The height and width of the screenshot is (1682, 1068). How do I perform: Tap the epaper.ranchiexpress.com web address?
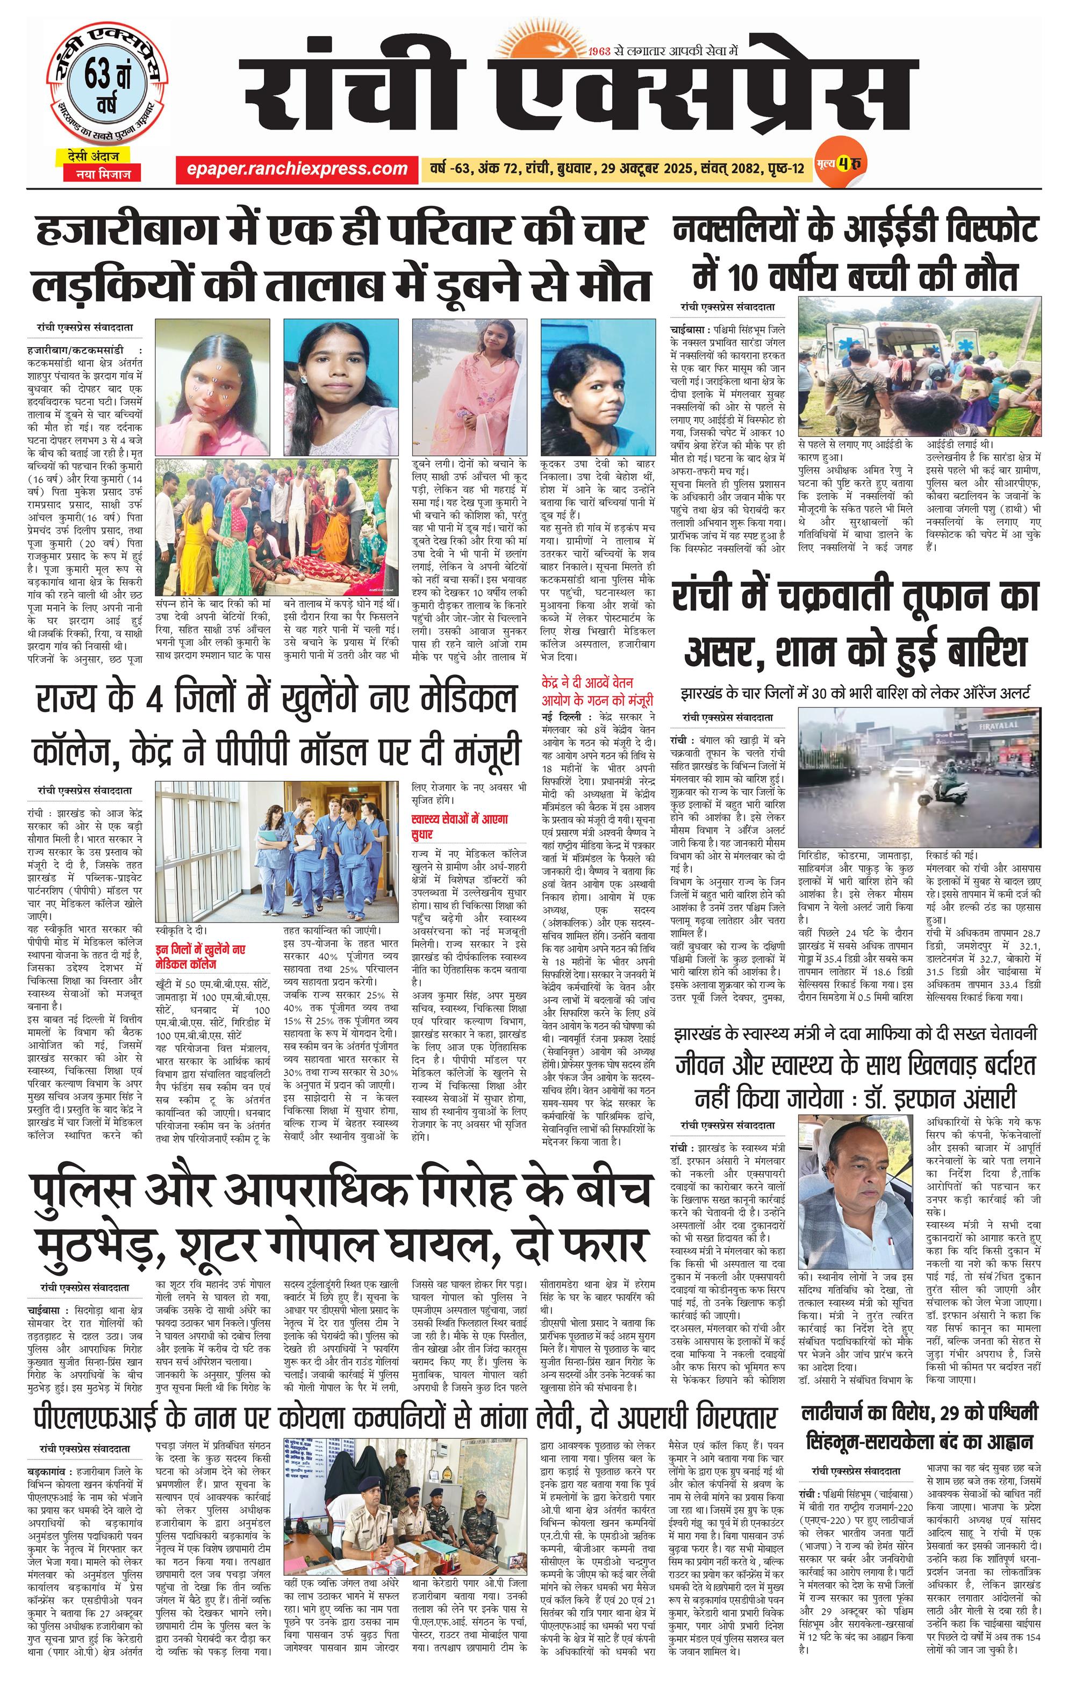[x=297, y=168]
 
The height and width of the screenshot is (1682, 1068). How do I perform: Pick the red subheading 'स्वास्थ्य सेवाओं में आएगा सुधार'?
[x=459, y=826]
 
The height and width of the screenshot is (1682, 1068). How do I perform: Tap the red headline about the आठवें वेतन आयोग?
[x=597, y=692]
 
